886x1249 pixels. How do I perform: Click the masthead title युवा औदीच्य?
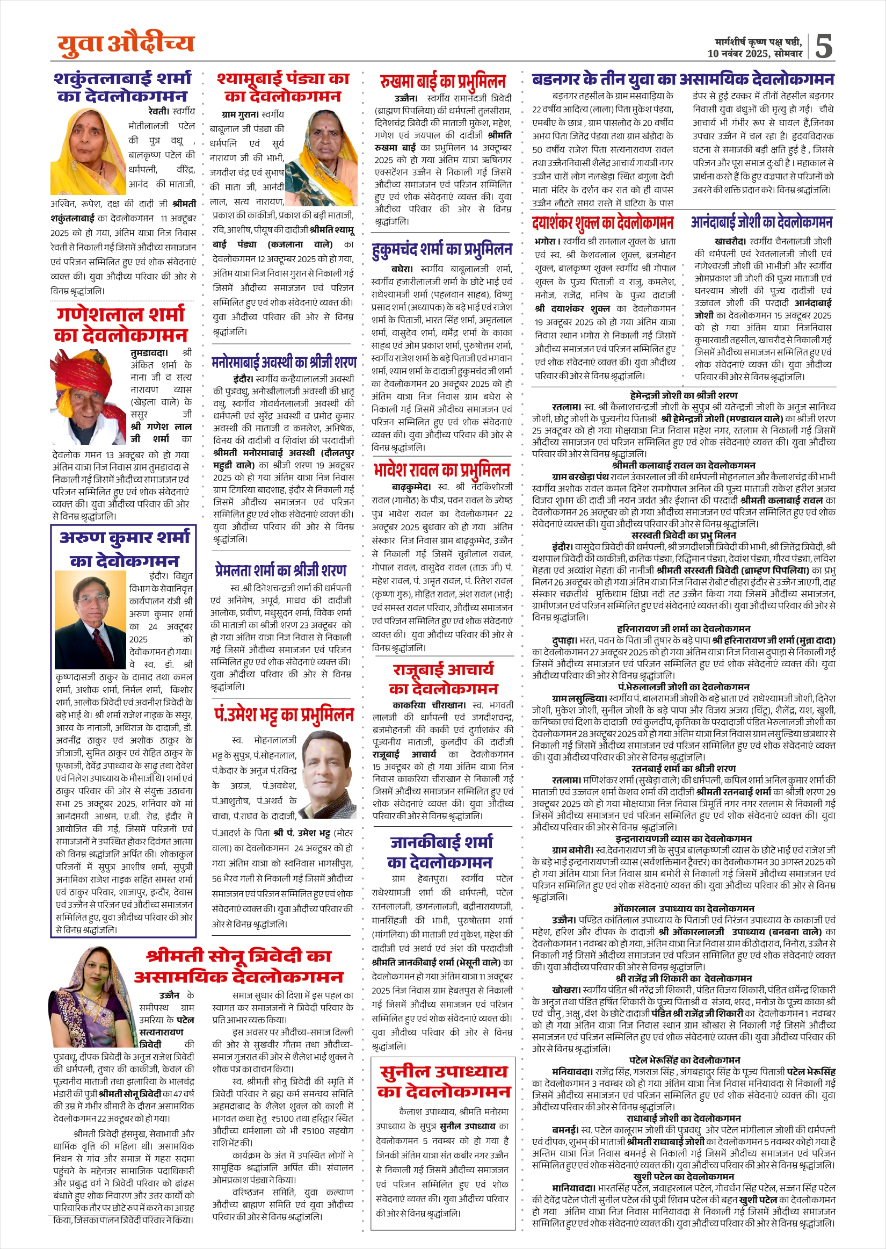126,44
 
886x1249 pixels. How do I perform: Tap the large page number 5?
823,46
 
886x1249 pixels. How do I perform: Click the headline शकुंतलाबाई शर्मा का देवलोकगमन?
123,88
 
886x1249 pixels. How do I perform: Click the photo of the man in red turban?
89,397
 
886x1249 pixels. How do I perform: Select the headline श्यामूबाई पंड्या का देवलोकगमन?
283,88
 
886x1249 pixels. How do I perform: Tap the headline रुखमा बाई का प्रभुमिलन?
443,82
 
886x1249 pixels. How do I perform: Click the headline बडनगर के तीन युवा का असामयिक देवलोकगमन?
683,80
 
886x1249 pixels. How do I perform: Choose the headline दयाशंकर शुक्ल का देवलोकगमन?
603,222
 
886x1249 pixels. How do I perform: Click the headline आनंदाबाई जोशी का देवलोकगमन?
761,222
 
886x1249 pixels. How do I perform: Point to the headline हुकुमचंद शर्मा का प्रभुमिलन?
442,249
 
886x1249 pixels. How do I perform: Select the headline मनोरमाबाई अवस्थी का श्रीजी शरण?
284,362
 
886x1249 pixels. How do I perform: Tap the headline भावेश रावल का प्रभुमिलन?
442,470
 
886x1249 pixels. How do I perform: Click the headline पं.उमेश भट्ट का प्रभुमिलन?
284,715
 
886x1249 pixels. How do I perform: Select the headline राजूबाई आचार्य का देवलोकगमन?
443,678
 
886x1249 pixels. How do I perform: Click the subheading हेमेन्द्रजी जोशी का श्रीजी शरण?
683,395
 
